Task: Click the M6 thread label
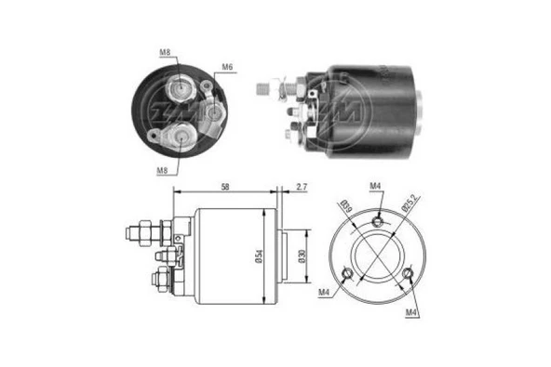[226, 67]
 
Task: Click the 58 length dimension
[227, 187]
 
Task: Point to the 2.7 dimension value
[302, 187]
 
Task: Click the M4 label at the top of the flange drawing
[375, 187]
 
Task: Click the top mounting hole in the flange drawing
[377, 219]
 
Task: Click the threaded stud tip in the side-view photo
[262, 89]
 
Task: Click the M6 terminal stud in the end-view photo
[215, 112]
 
